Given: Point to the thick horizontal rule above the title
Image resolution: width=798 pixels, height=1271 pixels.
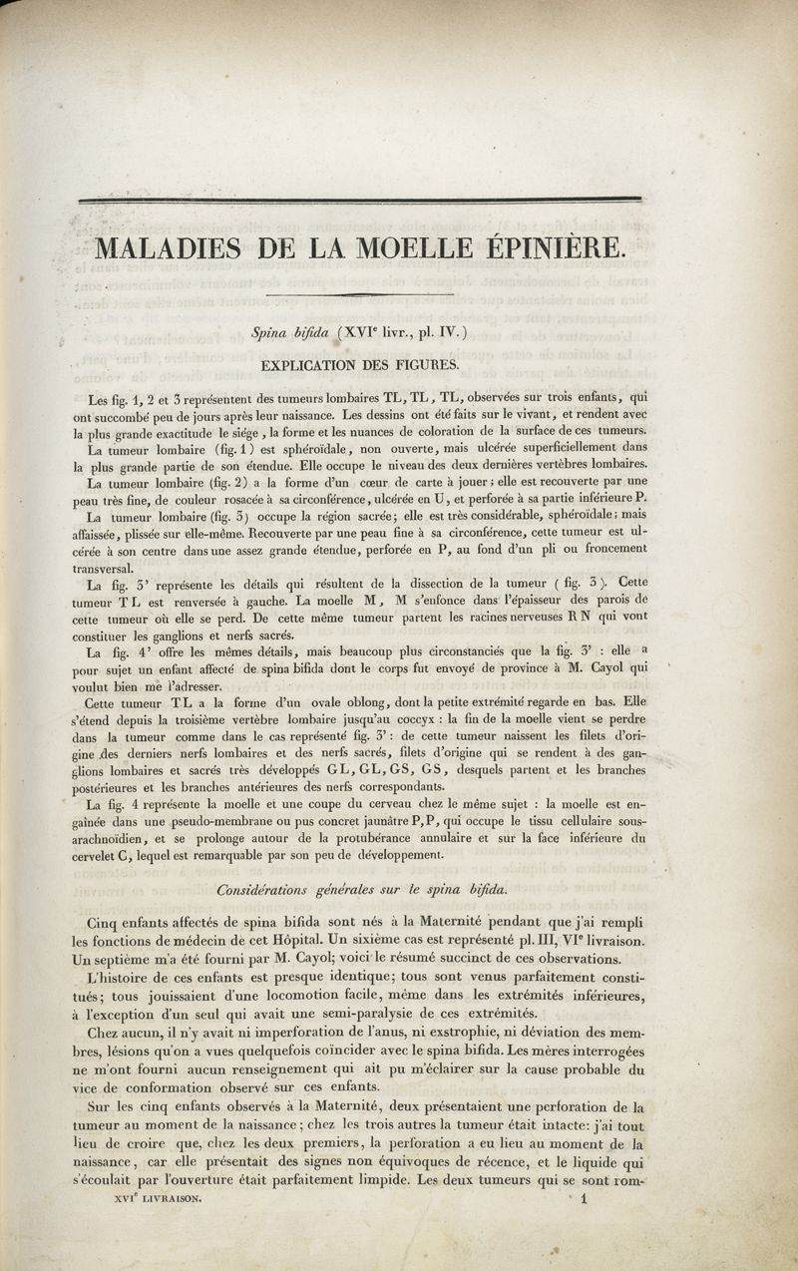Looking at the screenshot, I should point(359,200).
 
